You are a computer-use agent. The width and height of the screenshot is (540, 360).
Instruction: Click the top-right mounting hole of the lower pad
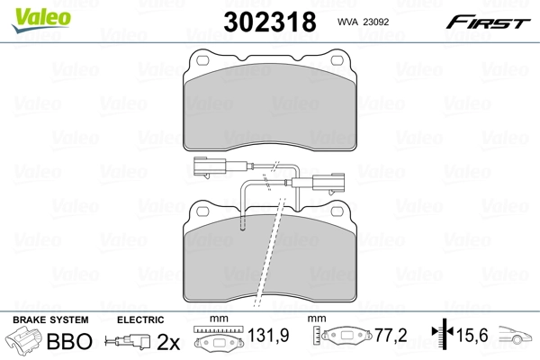pyautogui.click(x=338, y=214)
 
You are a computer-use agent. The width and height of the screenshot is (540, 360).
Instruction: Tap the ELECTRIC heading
pyautogui.click(x=140, y=320)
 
